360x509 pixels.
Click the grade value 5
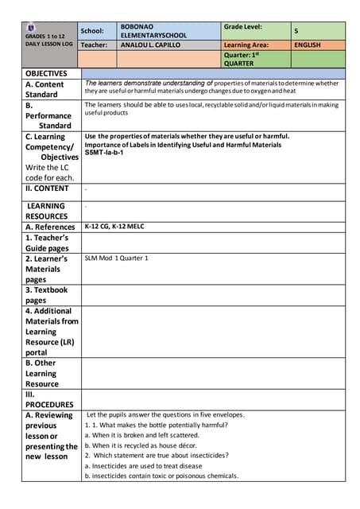[x=296, y=31]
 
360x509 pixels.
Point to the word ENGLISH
[x=307, y=45]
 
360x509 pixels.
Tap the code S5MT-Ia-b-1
[x=105, y=153]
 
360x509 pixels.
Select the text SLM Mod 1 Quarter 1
[x=116, y=258]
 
